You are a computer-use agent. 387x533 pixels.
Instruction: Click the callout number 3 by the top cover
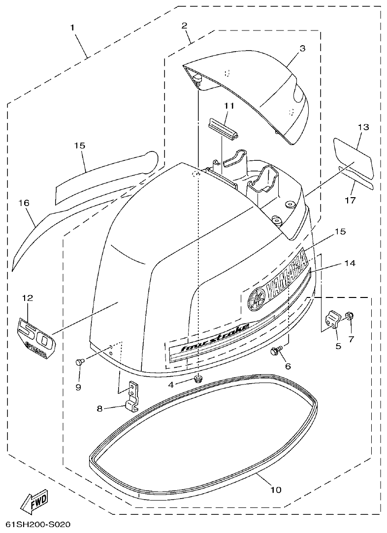coord(302,48)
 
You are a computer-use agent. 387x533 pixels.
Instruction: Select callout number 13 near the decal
coord(363,127)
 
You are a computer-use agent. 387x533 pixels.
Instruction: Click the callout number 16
coord(24,203)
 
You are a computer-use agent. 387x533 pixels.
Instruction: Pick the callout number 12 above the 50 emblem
coord(27,297)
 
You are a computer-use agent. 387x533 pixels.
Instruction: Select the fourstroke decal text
coord(215,336)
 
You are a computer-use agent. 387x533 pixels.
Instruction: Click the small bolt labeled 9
coord(78,362)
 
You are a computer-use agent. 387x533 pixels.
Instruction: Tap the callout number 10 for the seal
coord(276,490)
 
